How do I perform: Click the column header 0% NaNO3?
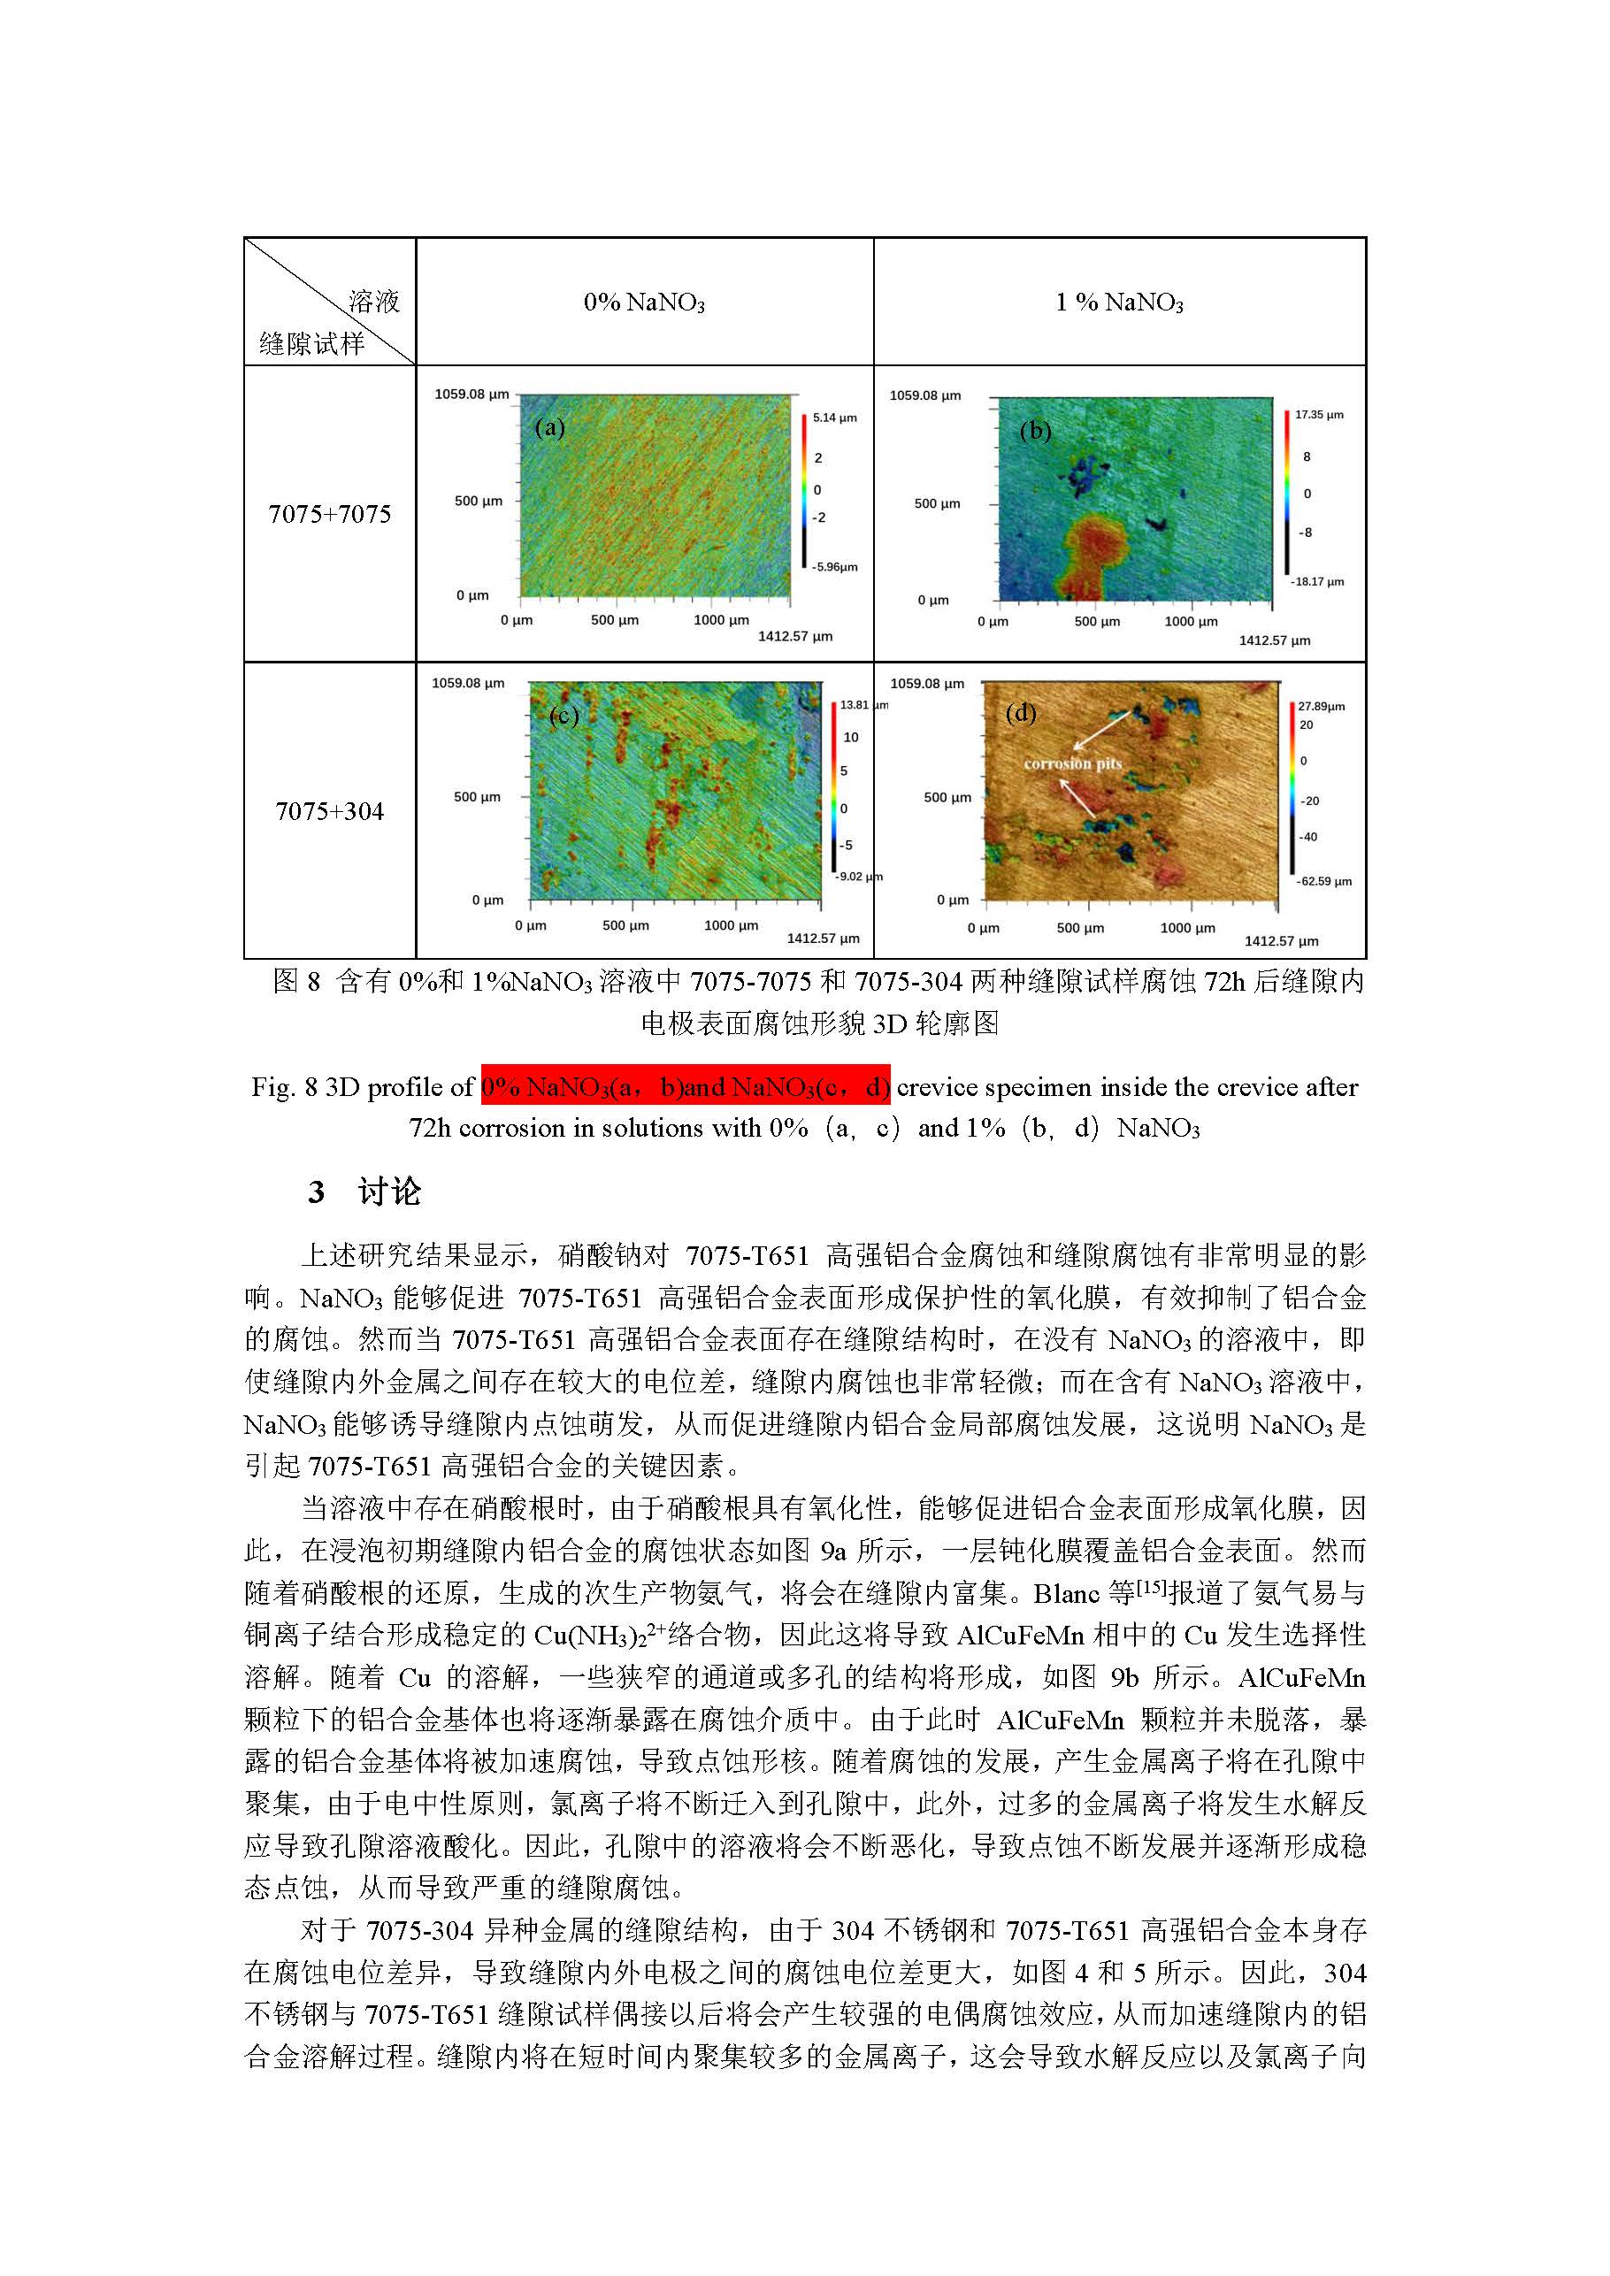pyautogui.click(x=643, y=303)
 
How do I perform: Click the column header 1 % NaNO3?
pyautogui.click(x=1118, y=303)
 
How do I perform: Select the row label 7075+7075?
pyautogui.click(x=329, y=513)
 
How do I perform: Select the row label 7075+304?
pyautogui.click(x=329, y=811)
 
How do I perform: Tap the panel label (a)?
pyautogui.click(x=549, y=427)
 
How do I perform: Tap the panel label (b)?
pyautogui.click(x=1035, y=430)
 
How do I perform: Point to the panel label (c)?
pyautogui.click(x=563, y=715)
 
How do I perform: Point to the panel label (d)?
pyautogui.click(x=1020, y=713)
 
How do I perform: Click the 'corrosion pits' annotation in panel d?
pyautogui.click(x=1073, y=763)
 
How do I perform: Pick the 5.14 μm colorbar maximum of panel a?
pyautogui.click(x=833, y=418)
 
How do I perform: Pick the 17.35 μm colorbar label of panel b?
pyautogui.click(x=1319, y=414)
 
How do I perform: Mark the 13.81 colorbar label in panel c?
pyautogui.click(x=855, y=705)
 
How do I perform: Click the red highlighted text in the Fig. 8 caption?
pyautogui.click(x=685, y=1087)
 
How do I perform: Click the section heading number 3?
pyautogui.click(x=317, y=1192)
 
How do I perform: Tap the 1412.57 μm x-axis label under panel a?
pyautogui.click(x=795, y=636)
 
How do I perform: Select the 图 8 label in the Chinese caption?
pyautogui.click(x=296, y=981)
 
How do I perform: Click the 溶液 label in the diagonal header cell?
pyautogui.click(x=373, y=302)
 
